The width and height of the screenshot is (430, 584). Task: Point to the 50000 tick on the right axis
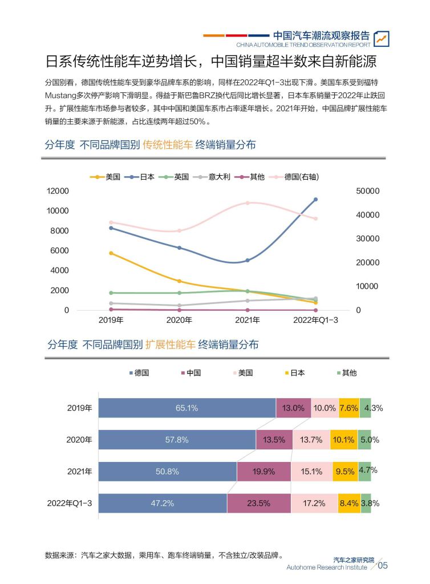pos(367,191)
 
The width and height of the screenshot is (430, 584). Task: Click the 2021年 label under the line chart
pos(247,320)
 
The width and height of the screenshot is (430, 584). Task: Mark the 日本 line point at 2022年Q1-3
pos(315,200)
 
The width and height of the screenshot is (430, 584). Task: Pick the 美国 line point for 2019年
pos(111,253)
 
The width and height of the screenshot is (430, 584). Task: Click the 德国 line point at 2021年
pos(247,203)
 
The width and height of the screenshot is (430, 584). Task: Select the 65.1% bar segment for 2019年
pos(186,408)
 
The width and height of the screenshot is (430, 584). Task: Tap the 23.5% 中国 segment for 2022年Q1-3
pos(258,503)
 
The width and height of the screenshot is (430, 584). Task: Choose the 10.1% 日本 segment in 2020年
pos(344,440)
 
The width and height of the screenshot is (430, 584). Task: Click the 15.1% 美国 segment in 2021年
pos(312,472)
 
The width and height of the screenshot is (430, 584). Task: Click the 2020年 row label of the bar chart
pos(79,440)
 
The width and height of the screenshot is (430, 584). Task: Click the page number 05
pos(383,566)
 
